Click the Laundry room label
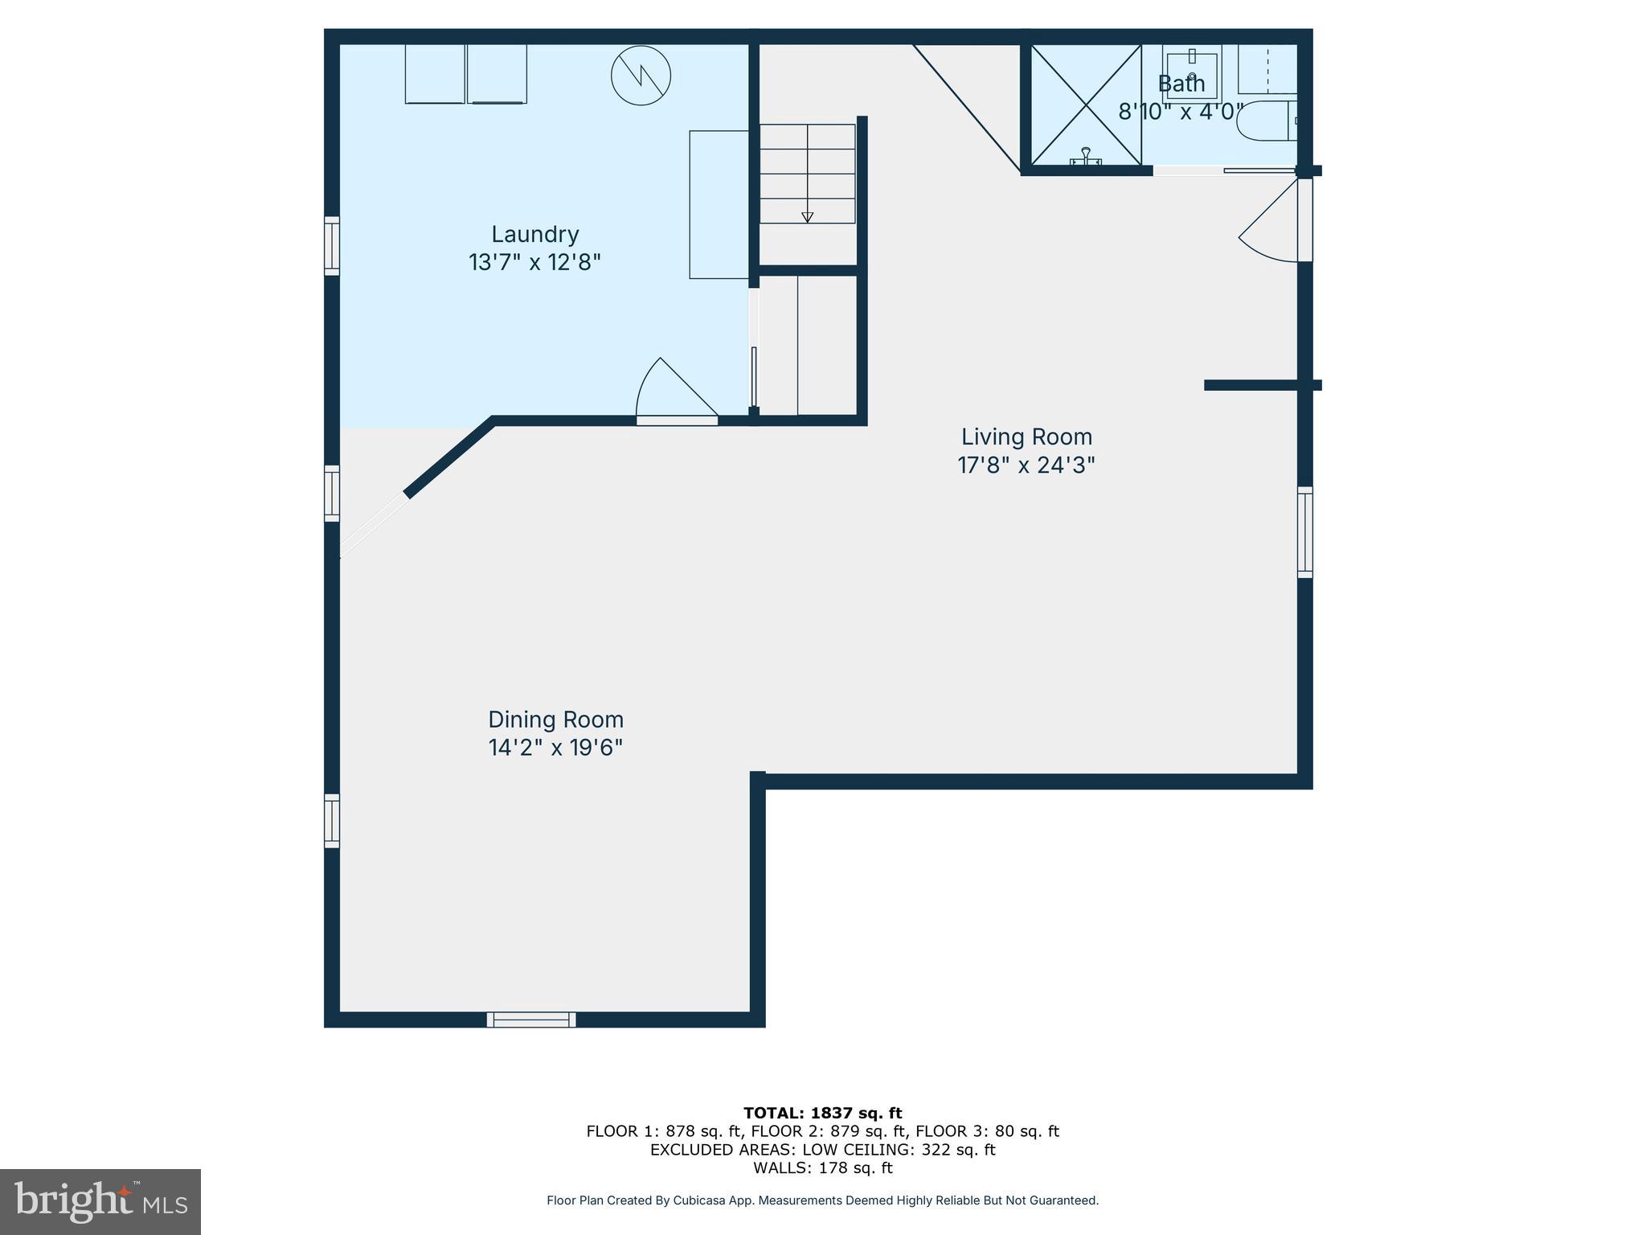(534, 234)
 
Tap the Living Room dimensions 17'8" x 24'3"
(1026, 466)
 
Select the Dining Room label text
(555, 719)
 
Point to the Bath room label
(1181, 84)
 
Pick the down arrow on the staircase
(807, 216)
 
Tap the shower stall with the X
(1086, 105)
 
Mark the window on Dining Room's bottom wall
(531, 1020)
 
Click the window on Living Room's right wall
(1305, 531)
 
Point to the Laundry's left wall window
(332, 245)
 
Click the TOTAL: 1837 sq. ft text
(822, 1113)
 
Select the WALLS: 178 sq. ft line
(822, 1167)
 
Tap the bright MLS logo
(100, 1201)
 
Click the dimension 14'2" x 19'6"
(555, 748)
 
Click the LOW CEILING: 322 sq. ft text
(899, 1150)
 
